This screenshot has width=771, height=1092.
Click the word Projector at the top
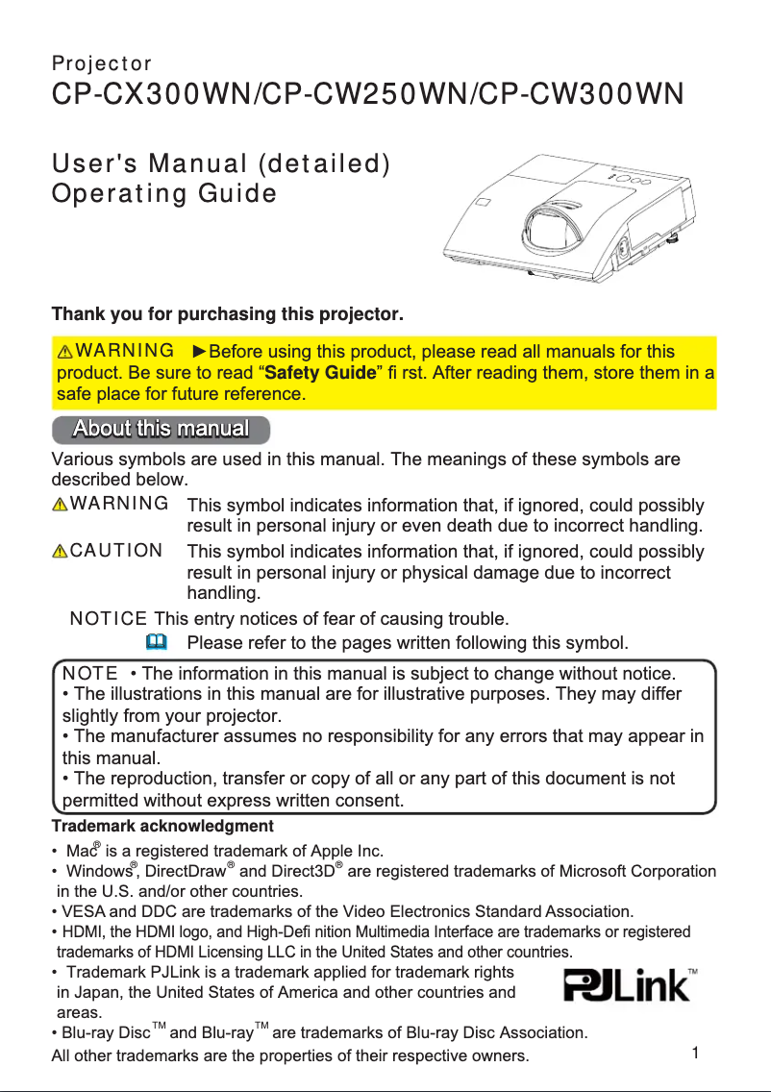[101, 64]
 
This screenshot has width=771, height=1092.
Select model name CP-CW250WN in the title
[368, 95]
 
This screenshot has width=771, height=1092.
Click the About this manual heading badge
[161, 429]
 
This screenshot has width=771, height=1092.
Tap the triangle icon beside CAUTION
[61, 552]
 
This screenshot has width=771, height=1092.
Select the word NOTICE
[109, 617]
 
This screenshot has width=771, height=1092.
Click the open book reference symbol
[158, 640]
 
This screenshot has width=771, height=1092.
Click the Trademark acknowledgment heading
[162, 826]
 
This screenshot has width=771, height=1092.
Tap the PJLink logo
[627, 987]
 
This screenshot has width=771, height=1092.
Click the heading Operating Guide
[163, 193]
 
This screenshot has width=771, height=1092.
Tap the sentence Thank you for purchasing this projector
[227, 314]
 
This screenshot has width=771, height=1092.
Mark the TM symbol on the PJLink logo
[693, 972]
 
